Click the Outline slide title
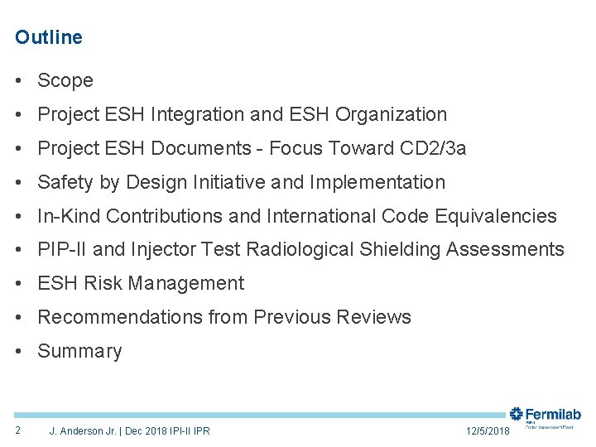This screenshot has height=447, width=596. [x=49, y=37]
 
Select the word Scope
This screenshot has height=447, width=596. [x=65, y=81]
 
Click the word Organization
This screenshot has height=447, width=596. [x=393, y=115]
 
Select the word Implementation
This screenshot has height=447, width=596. [x=377, y=183]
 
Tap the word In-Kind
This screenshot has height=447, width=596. [x=69, y=217]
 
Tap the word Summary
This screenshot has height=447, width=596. [x=79, y=352]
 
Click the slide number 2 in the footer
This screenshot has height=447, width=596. [x=17, y=430]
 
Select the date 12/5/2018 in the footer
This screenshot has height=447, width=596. [x=488, y=431]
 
